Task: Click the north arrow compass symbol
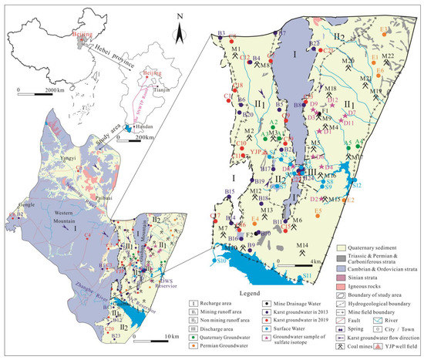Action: (178, 32)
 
